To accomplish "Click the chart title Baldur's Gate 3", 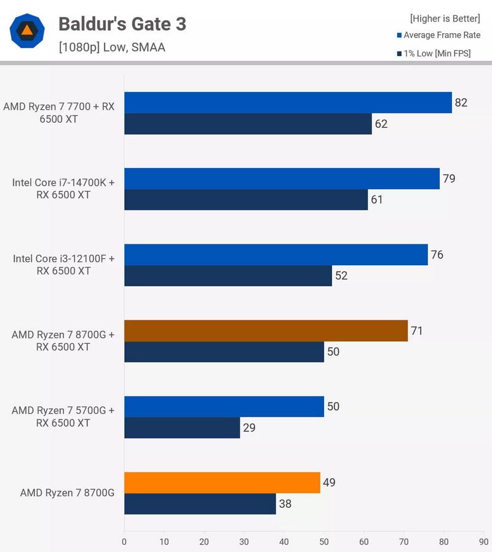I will [x=122, y=24].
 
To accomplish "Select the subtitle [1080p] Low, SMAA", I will [x=111, y=47].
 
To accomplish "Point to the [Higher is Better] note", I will [x=445, y=18].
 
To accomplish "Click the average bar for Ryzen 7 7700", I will [x=288, y=103].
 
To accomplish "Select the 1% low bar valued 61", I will [x=246, y=200].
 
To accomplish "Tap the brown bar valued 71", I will [x=266, y=330].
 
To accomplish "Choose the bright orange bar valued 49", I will [x=222, y=483].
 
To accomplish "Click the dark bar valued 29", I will [x=182, y=427].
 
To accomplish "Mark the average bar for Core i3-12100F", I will [x=276, y=255].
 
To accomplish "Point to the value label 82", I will [x=461, y=103].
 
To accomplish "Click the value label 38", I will [x=284, y=504].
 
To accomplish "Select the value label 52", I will [x=341, y=276].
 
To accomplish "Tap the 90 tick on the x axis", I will [x=483, y=542].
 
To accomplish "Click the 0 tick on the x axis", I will [x=124, y=542].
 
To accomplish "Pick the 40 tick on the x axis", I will [x=284, y=542].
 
